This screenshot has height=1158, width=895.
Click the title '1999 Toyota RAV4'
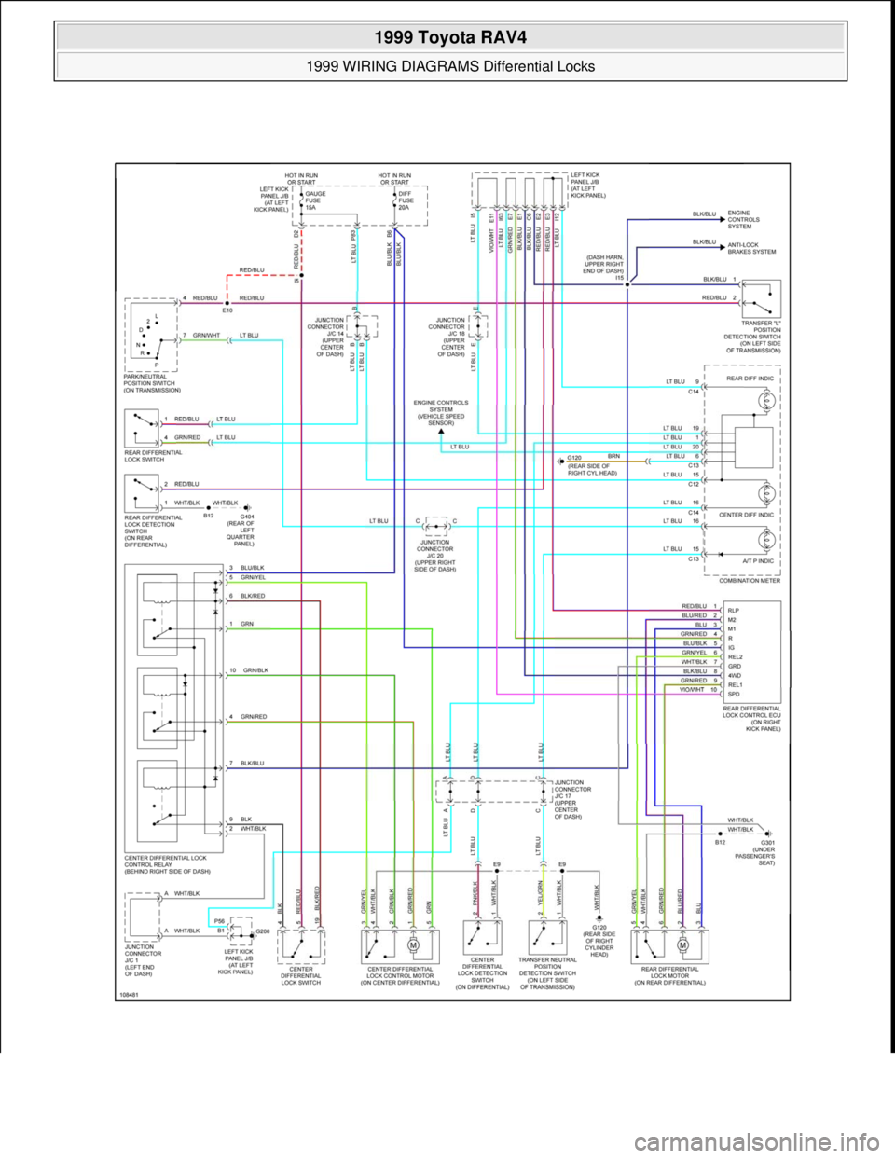tap(447, 40)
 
